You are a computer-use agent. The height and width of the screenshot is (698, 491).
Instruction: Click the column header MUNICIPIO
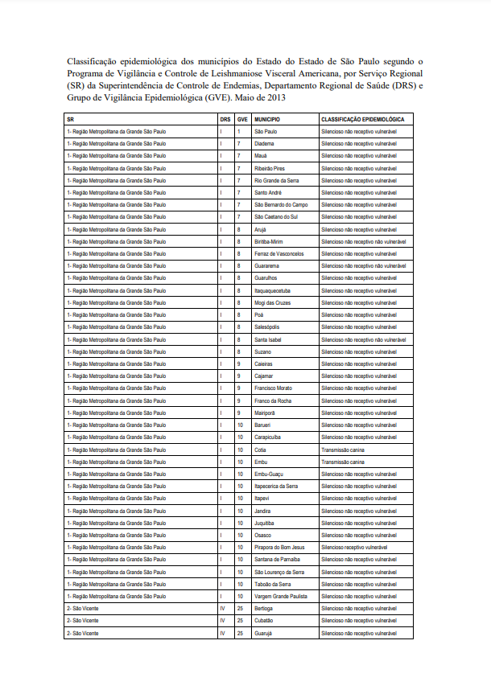pyautogui.click(x=267, y=119)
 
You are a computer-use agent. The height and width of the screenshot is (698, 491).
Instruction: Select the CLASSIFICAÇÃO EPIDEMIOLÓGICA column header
pyautogui.click(x=362, y=119)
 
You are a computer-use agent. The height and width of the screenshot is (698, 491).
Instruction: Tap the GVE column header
pyautogui.click(x=241, y=119)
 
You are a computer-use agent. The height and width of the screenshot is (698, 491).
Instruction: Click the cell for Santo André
pyautogui.click(x=268, y=192)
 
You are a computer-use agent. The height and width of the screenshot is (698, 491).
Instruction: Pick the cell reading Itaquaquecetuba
pyautogui.click(x=274, y=290)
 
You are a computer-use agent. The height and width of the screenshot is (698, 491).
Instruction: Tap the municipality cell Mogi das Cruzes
pyautogui.click(x=272, y=302)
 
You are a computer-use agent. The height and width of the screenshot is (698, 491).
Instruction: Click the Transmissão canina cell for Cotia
pyautogui.click(x=343, y=450)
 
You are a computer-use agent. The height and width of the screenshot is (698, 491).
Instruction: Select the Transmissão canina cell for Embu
pyautogui.click(x=343, y=462)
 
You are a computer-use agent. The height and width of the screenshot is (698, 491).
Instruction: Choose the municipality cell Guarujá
pyautogui.click(x=264, y=633)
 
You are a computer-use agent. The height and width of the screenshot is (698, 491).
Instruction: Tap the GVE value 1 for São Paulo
pyautogui.click(x=238, y=131)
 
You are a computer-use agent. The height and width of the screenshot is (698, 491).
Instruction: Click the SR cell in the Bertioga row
pyautogui.click(x=83, y=609)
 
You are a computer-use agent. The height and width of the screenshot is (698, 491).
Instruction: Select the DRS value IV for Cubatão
pyautogui.click(x=222, y=621)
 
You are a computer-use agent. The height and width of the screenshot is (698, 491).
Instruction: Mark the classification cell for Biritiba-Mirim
pyautogui.click(x=362, y=241)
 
